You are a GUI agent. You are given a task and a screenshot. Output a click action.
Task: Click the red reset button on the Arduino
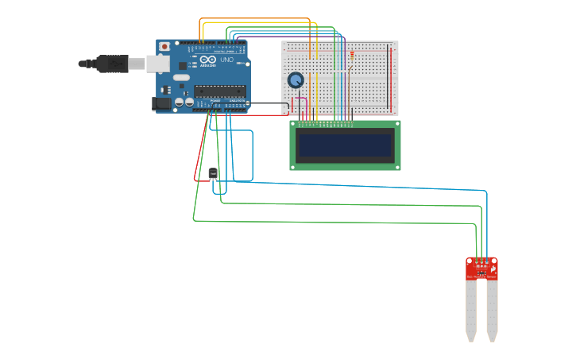164,47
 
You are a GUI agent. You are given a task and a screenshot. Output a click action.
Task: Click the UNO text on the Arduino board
226,60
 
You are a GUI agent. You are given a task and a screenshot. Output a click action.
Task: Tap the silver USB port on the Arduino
157,64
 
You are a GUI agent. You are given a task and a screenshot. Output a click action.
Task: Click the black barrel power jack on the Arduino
162,103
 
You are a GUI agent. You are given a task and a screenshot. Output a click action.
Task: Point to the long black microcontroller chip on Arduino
220,91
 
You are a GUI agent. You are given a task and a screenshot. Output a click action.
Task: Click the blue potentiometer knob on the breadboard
296,80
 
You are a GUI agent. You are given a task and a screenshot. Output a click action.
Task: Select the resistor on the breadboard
351,56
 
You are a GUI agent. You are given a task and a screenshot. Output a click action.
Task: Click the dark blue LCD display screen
345,145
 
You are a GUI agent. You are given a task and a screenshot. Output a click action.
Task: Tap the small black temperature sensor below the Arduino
213,173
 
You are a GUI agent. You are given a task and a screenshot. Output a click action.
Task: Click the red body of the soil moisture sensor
481,269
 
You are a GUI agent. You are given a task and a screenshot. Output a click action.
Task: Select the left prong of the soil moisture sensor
471,310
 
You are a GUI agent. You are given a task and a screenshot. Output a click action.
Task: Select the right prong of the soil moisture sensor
493,310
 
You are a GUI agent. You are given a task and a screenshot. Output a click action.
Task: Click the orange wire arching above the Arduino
254,19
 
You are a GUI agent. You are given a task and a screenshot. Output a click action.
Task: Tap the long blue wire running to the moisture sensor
358,186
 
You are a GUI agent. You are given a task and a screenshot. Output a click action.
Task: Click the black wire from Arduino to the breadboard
270,103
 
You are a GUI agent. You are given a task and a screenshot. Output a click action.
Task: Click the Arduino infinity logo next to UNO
208,60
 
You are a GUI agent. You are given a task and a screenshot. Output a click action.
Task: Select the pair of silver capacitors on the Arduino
184,102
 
